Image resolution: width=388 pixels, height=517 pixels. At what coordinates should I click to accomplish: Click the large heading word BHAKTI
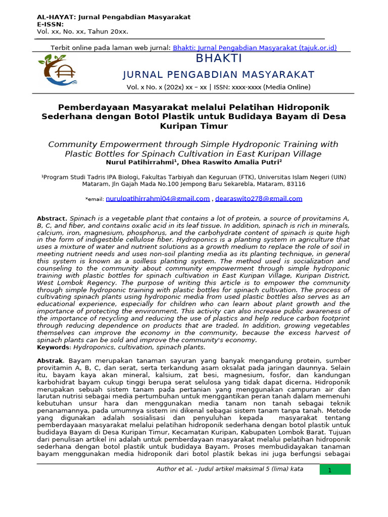[x=219, y=59]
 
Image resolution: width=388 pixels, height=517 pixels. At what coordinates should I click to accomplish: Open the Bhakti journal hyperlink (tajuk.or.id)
[x=255, y=48]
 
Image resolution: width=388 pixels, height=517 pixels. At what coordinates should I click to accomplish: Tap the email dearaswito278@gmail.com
[x=259, y=198]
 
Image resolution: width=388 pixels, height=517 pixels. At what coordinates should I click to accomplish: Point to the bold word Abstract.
[x=52, y=218]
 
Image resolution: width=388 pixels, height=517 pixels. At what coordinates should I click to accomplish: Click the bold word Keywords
[x=54, y=347]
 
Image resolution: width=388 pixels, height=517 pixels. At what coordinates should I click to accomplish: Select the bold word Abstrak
[x=51, y=361]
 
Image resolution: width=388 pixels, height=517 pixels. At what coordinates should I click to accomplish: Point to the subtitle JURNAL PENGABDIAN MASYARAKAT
[x=219, y=75]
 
